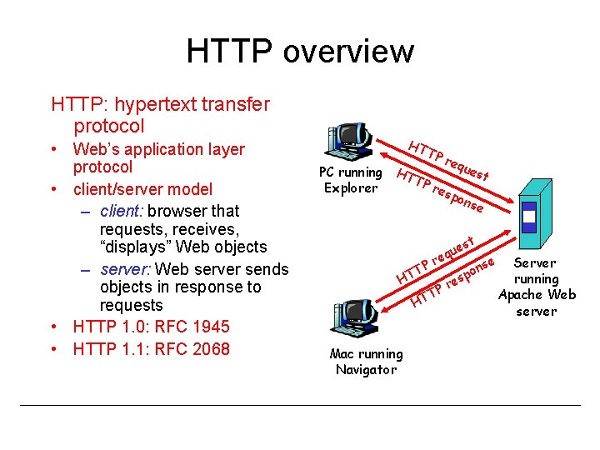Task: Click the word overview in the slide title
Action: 349,51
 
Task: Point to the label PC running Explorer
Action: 350,180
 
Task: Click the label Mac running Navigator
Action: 366,362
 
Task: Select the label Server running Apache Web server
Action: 537,287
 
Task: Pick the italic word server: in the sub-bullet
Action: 125,269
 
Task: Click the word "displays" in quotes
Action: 136,247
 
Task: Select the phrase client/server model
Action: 142,189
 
